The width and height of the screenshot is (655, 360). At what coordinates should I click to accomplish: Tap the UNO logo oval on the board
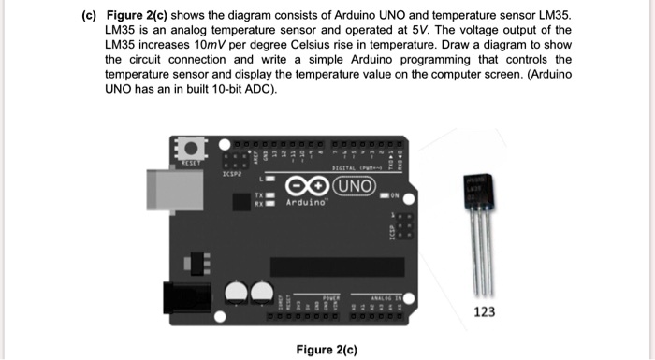[355, 183]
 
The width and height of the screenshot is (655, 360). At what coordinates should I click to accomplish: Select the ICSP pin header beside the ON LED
[404, 229]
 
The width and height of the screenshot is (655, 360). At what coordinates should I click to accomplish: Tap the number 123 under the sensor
[485, 312]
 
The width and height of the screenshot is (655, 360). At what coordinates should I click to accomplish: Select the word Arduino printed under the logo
[310, 202]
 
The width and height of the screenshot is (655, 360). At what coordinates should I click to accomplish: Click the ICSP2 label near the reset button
[234, 173]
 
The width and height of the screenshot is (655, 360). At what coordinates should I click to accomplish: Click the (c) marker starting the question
[91, 16]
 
